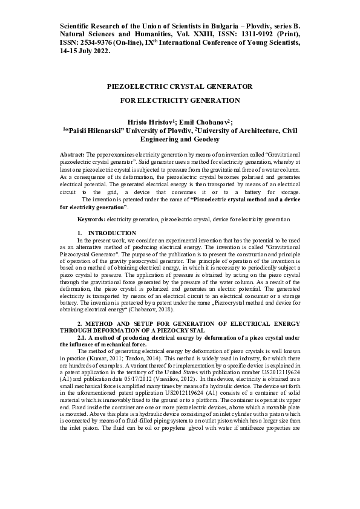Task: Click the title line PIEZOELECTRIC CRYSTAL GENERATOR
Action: click(x=179, y=86)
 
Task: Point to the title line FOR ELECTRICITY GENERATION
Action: click(x=180, y=101)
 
